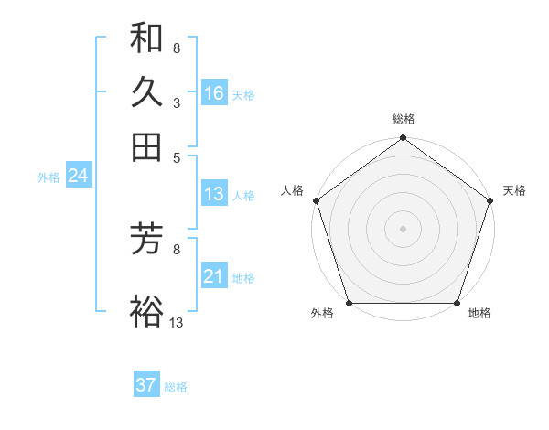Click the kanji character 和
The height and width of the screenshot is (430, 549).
[146, 38]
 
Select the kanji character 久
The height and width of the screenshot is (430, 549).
[146, 92]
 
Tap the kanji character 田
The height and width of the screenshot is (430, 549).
[146, 146]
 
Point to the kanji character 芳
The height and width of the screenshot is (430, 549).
[146, 240]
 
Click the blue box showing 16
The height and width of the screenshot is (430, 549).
[214, 93]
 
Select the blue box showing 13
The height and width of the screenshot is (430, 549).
[214, 194]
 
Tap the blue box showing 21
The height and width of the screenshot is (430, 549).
[214, 276]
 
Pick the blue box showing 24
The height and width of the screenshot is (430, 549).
[78, 176]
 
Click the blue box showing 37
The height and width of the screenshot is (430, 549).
[145, 385]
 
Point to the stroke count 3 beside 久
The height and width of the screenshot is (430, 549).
[176, 104]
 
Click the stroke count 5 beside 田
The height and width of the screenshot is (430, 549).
[176, 157]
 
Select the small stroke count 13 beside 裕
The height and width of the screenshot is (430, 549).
[176, 322]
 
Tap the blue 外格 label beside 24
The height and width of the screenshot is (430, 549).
[48, 177]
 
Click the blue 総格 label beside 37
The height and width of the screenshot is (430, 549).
[176, 387]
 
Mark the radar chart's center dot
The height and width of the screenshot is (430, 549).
[403, 228]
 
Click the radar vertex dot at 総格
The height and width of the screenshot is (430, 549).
[403, 139]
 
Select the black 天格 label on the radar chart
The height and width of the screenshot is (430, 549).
[515, 190]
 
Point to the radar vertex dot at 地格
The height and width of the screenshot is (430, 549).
[457, 302]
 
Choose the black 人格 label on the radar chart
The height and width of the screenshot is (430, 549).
[293, 190]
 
